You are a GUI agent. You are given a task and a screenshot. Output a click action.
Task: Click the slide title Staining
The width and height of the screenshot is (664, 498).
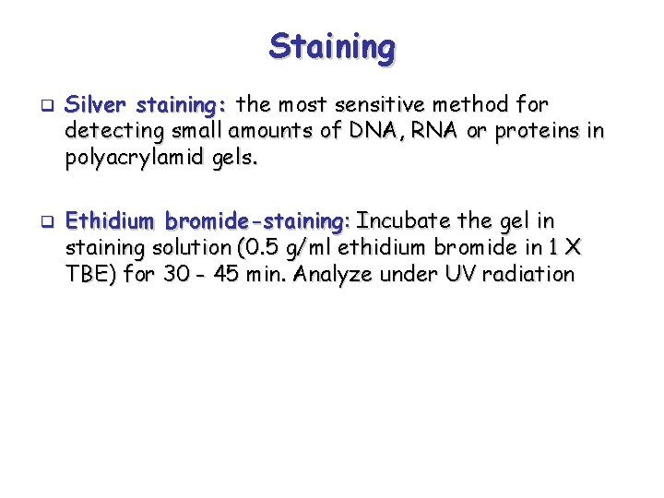click(x=332, y=46)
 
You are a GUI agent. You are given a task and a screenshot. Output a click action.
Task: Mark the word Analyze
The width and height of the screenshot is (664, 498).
click(x=335, y=274)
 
